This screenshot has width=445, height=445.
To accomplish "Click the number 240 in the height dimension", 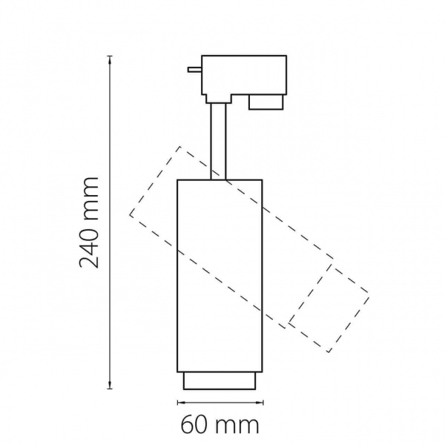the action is tap(89, 243).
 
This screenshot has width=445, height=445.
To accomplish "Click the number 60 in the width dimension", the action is tap(194, 424).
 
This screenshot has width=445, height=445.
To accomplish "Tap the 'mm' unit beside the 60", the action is tap(237, 426).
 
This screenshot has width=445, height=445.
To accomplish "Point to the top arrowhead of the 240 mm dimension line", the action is tap(110, 59).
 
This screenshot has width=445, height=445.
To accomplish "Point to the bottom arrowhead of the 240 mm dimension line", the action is tap(110, 386).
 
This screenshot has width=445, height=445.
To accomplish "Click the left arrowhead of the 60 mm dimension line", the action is tap(181, 402).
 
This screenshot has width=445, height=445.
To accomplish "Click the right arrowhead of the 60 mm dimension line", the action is tap(260, 402).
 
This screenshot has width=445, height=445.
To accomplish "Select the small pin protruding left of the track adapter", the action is tap(194, 70).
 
